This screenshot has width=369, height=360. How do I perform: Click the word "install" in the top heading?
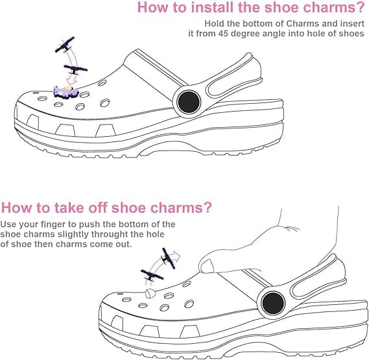click(x=213, y=7)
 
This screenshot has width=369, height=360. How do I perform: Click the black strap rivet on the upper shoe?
click(x=189, y=102)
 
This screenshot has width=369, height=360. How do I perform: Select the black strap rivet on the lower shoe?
click(x=273, y=303)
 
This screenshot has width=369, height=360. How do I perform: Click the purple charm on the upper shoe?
click(x=65, y=91)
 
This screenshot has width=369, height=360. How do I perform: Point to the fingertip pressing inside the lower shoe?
click(x=206, y=265)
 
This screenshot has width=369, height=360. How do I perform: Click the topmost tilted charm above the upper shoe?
click(x=64, y=44)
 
